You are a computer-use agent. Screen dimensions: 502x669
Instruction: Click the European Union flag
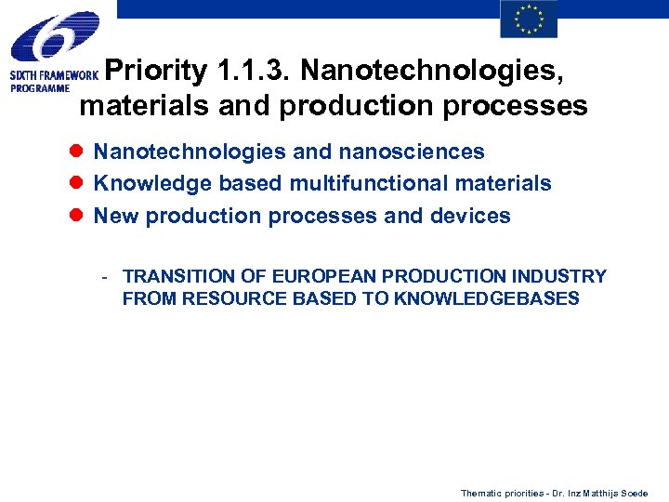tap(529, 20)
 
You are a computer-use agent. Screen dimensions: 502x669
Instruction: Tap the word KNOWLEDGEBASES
tap(487, 298)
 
